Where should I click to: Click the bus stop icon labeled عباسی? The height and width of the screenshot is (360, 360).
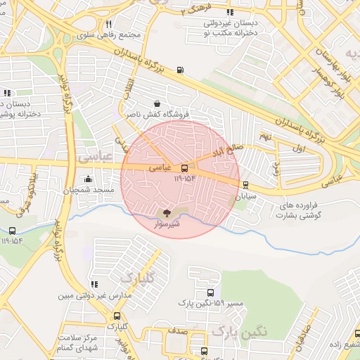184,169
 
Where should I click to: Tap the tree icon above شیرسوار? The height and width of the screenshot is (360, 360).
167,213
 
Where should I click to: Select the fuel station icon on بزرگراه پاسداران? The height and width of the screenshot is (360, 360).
181,70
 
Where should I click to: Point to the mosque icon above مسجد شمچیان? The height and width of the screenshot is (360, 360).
88,179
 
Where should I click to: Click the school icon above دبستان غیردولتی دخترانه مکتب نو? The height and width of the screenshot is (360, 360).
230,12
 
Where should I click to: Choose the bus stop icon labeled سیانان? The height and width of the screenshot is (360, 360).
245,186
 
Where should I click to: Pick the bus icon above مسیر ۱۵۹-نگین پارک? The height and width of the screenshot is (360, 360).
210,293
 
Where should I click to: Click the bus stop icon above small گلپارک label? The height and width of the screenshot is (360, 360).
117,316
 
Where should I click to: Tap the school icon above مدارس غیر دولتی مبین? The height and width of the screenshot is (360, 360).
94,285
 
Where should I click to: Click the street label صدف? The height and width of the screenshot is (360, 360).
176,329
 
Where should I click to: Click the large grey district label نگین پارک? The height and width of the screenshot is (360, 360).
239,330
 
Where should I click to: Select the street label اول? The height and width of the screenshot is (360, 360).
298,150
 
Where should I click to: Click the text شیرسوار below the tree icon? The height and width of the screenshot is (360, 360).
167,224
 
